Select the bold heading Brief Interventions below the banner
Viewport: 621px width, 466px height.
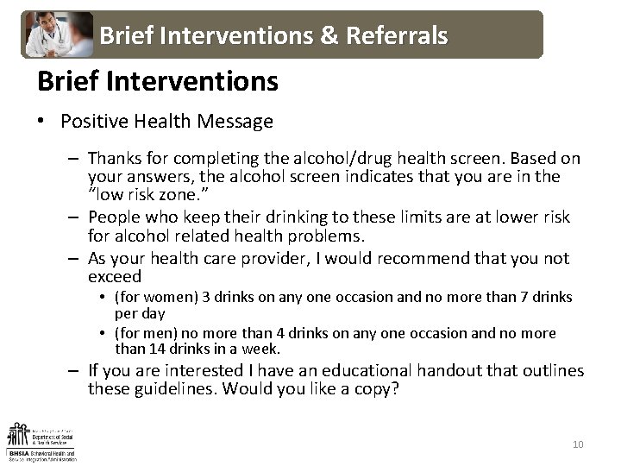(x=157, y=82)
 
